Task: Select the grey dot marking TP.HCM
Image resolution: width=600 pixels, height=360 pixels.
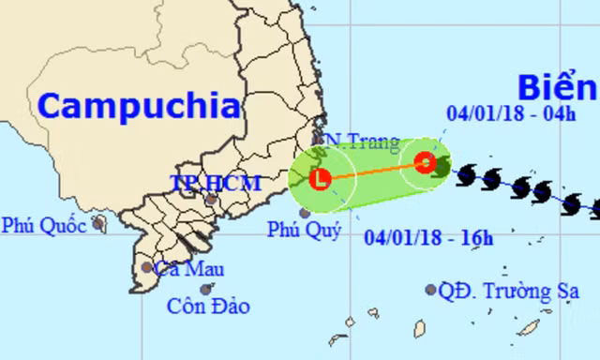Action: coord(213,199)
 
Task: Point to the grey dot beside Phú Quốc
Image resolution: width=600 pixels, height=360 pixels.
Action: coord(98,224)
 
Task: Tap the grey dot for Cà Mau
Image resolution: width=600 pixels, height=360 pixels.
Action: coord(147,267)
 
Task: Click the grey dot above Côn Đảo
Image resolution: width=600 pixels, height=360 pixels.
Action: coord(205,289)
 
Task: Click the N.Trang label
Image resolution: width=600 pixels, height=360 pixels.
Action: coord(361,143)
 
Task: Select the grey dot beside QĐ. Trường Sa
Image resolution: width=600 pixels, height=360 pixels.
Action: coord(430,290)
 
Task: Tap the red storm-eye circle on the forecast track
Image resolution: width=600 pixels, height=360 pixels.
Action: coord(424,163)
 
